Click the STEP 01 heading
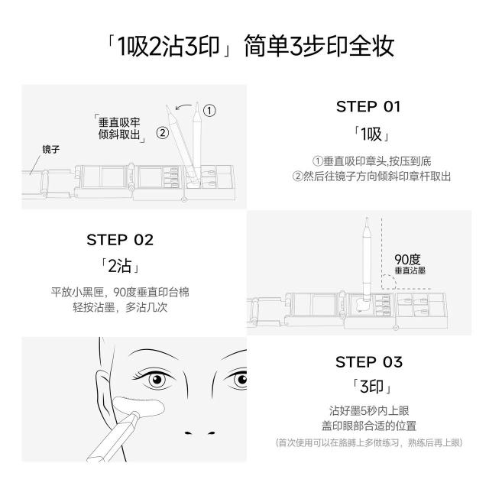click(368, 107)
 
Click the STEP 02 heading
click(120, 240)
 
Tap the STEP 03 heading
click(369, 362)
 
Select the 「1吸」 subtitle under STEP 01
click(371, 134)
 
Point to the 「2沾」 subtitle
click(120, 266)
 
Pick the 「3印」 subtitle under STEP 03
click(371, 387)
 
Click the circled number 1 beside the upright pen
click(209, 110)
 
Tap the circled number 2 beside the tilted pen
click(162, 133)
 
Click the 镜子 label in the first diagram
click(51, 150)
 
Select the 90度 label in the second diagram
click(407, 260)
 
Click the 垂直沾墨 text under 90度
click(410, 270)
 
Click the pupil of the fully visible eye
click(157, 379)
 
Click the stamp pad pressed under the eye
click(138, 406)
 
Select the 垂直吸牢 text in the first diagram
click(119, 122)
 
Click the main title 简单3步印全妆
click(319, 46)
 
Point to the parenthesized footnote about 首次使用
click(369, 443)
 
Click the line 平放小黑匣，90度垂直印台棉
click(120, 293)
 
